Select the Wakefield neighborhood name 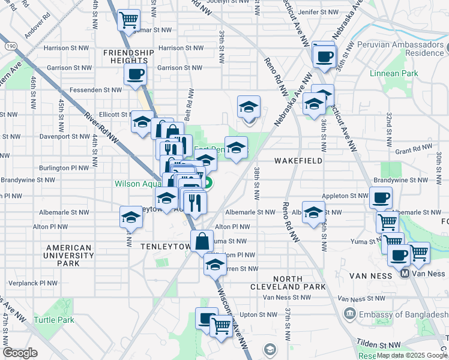click(298, 161)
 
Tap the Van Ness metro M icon click(405, 274)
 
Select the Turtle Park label click(54, 320)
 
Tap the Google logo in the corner click(20, 353)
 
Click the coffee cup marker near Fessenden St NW click(134, 75)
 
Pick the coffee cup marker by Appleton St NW click(380, 197)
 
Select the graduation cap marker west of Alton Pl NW click(130, 217)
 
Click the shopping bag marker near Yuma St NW click(202, 241)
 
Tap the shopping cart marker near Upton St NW click(221, 326)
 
